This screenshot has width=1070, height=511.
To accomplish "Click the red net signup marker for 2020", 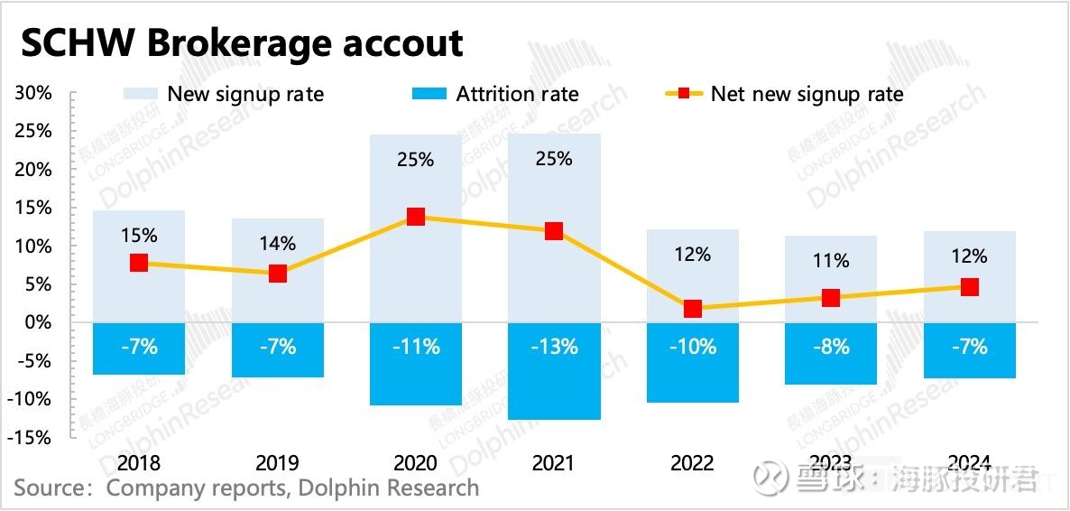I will (x=416, y=217).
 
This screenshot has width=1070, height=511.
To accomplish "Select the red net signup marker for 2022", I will (x=693, y=309).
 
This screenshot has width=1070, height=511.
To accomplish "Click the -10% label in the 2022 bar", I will (x=693, y=347).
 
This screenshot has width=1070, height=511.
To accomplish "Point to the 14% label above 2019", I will (x=277, y=244).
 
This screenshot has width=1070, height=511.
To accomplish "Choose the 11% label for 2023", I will (x=831, y=262).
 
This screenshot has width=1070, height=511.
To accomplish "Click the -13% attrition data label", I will (x=554, y=347).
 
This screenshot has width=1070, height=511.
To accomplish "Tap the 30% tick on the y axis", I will (x=33, y=94).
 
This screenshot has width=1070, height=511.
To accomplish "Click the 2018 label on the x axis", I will (x=138, y=464).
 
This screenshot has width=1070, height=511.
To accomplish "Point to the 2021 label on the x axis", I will (x=554, y=464).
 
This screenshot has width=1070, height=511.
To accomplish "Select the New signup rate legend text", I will (x=245, y=94).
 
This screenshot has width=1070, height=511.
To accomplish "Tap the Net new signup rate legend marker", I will (x=684, y=94).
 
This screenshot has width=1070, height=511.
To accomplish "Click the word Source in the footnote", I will (x=52, y=489).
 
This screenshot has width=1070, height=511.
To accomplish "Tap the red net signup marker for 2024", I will (x=970, y=287).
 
